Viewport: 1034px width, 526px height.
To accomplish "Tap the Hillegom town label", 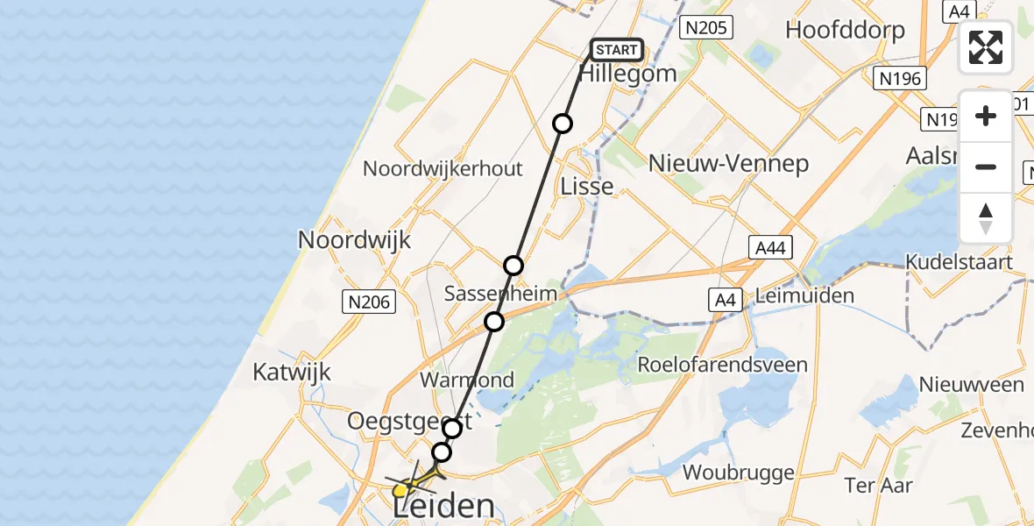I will [x=627, y=74].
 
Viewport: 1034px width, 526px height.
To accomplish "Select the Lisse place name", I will [x=587, y=187].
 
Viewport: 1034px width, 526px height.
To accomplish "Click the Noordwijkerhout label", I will [x=443, y=168].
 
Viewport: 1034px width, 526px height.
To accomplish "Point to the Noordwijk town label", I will [x=354, y=239].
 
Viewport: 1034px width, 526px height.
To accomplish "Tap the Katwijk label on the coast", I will [x=292, y=372].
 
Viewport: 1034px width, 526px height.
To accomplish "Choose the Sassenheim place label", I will [x=500, y=294].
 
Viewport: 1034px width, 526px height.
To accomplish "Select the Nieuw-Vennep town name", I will [x=728, y=163].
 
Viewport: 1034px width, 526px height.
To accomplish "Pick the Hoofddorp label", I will [x=845, y=29].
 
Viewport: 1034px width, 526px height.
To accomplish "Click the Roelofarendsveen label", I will [x=723, y=365].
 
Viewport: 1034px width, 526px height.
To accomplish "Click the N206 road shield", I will [x=368, y=302].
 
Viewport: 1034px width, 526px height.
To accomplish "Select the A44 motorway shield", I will [x=771, y=248].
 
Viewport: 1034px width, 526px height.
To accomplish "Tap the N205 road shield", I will [x=706, y=28].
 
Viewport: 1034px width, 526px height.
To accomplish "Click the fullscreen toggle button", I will [x=986, y=47].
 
